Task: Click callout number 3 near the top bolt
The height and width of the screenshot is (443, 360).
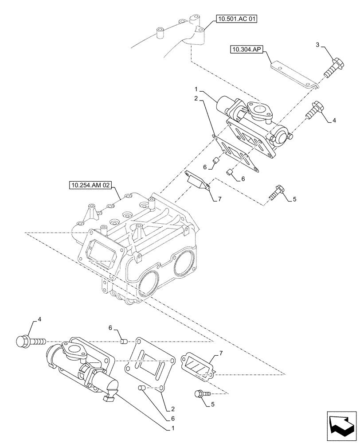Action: coord(318,44)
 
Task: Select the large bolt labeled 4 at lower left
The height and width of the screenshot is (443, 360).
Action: coord(29,342)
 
